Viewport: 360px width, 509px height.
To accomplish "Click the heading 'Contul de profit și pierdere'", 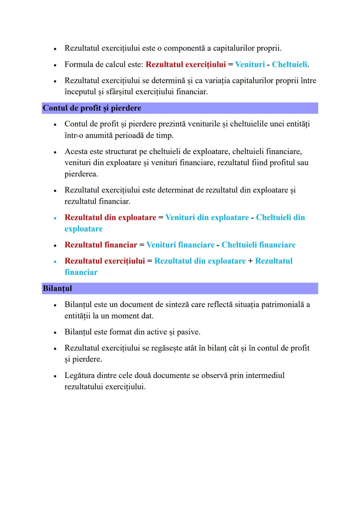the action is click(x=92, y=108).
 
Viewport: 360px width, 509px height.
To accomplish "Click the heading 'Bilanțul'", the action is click(x=57, y=288).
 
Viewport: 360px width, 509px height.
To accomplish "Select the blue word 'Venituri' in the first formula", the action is click(x=250, y=64).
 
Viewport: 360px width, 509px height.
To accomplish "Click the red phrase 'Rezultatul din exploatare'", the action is click(x=110, y=218).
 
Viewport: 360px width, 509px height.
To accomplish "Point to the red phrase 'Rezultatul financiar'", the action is click(x=101, y=245).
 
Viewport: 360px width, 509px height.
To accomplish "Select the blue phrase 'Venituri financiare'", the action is click(x=180, y=245).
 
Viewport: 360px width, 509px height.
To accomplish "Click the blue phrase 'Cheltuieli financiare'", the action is click(x=258, y=245).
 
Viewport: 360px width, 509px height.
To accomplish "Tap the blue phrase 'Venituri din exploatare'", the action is click(x=207, y=218).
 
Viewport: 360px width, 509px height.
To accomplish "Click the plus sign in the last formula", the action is click(x=250, y=261).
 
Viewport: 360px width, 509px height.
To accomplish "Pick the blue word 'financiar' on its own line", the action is click(x=81, y=272).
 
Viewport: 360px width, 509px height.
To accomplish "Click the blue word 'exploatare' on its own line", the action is click(x=84, y=229).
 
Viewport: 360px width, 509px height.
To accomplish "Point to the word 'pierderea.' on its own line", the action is click(x=81, y=174).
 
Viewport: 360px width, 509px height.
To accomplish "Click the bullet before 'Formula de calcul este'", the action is click(x=55, y=65).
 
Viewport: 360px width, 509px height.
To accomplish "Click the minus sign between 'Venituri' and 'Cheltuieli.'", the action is click(x=268, y=65).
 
